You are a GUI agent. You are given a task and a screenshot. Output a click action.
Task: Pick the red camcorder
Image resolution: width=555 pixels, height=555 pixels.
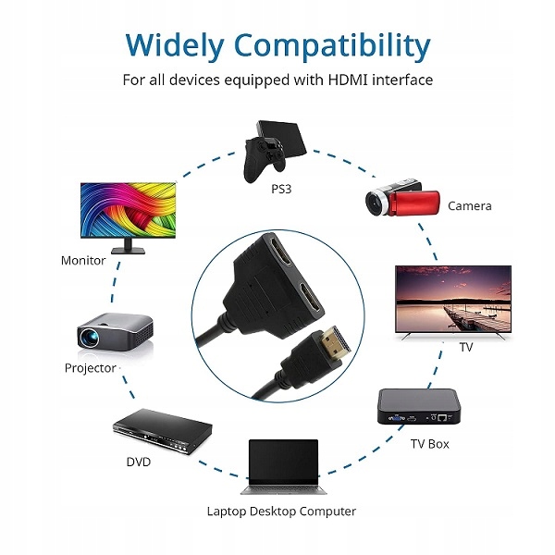[x=399, y=202]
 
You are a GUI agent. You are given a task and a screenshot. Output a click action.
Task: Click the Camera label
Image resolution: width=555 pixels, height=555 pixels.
[x=469, y=206]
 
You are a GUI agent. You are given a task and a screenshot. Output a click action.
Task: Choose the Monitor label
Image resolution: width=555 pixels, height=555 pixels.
[x=83, y=260]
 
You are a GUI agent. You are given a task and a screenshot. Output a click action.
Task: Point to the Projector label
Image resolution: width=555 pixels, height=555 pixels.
[x=91, y=368]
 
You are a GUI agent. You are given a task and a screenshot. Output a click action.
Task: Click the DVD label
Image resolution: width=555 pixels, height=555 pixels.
[x=138, y=461]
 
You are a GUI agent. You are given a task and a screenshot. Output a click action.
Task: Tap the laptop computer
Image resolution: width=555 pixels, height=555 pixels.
[x=280, y=467]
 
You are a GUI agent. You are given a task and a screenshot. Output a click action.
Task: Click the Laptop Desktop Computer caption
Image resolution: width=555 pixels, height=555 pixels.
[x=281, y=511]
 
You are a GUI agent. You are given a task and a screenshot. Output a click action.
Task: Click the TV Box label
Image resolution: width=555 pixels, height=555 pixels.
[x=429, y=444]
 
